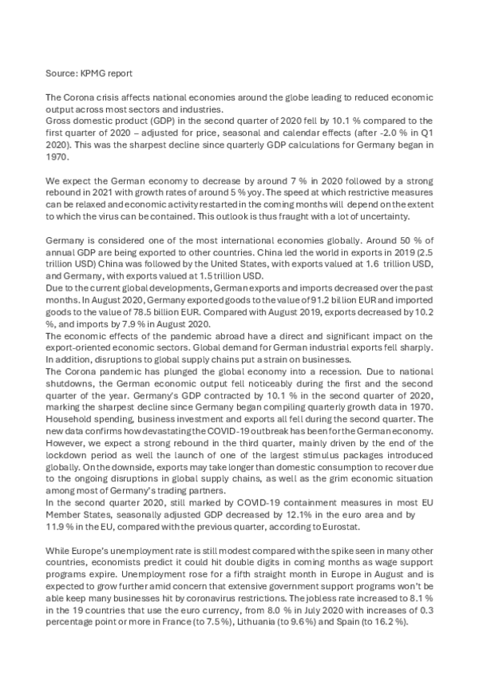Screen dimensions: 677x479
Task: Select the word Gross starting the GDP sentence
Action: click(x=60, y=121)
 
